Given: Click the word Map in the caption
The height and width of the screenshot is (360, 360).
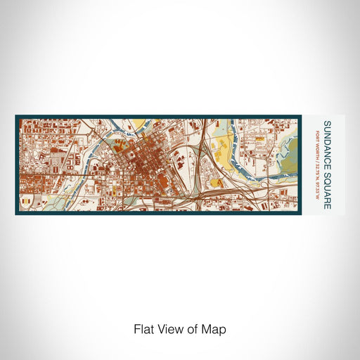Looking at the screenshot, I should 216,328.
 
